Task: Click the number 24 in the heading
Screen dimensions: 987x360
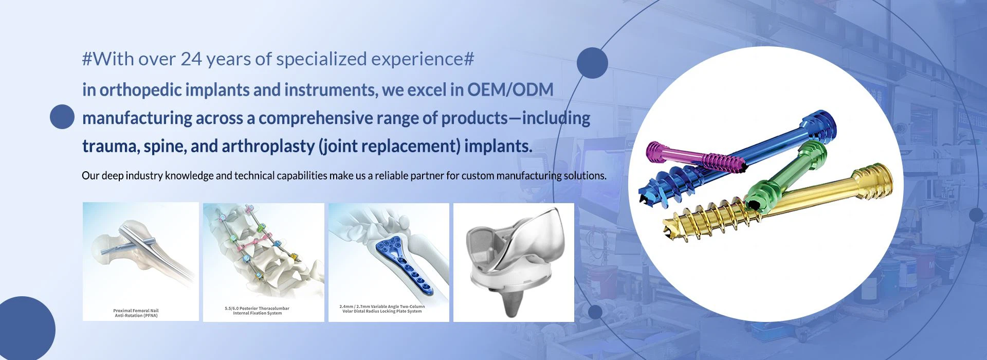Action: (191, 59)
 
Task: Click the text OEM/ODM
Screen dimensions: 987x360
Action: (510, 89)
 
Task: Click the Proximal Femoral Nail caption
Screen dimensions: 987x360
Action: (136, 313)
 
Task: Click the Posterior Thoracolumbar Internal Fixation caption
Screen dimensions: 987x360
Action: (257, 311)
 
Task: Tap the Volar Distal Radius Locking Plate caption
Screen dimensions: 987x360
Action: (382, 309)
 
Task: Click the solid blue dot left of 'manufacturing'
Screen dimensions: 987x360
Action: (62, 117)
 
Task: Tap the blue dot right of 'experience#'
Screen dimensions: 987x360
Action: (592, 63)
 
